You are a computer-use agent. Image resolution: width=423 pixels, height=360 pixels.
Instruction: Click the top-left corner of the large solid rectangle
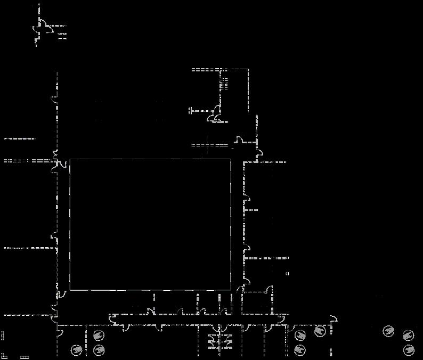coord(70,159)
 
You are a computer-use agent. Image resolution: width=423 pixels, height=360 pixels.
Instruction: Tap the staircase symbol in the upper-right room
coord(224,83)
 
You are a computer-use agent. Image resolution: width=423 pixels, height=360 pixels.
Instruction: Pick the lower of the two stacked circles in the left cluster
coord(99,350)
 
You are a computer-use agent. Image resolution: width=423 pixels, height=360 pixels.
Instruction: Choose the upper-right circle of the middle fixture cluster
coord(320,331)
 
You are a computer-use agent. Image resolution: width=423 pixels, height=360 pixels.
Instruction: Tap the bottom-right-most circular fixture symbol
coord(409,350)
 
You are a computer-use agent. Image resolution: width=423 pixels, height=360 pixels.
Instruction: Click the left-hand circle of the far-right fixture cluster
coord(389,331)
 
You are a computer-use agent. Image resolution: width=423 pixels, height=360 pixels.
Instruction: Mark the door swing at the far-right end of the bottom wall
coord(333,319)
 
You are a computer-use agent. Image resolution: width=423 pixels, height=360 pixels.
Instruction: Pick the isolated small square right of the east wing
coord(287,274)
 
